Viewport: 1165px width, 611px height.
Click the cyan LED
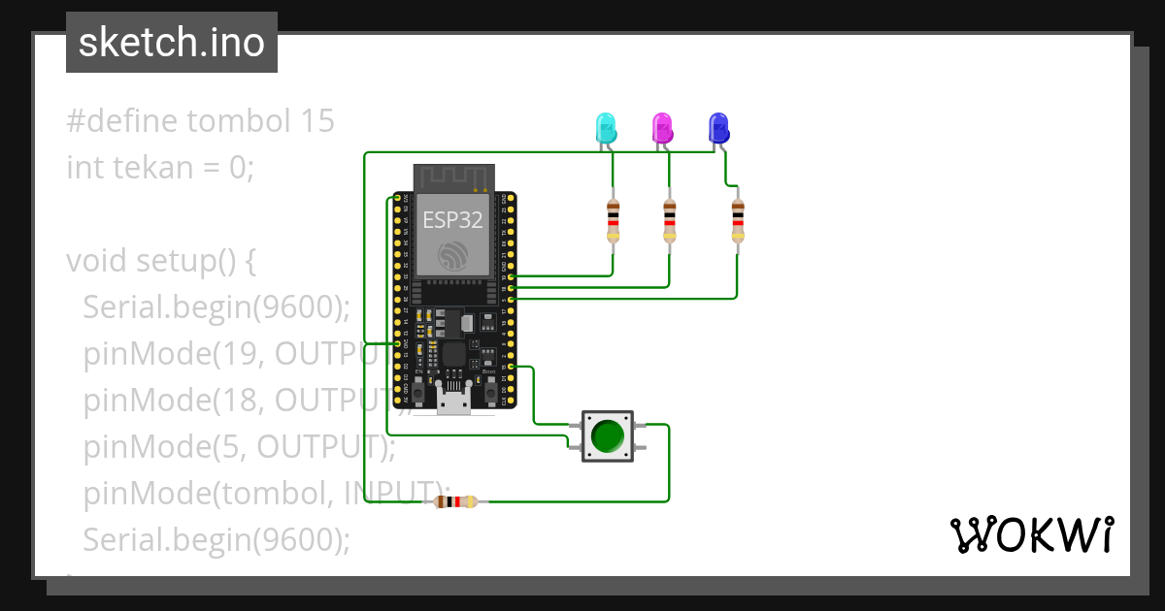605,128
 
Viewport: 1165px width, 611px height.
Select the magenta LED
662,128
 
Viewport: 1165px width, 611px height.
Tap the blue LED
718,128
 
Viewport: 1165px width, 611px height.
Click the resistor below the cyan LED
613,220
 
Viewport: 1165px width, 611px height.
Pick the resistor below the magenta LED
669,220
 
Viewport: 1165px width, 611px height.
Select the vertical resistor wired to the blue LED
738,220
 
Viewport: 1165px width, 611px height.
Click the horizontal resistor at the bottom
455,501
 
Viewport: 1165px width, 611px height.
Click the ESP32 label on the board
452,220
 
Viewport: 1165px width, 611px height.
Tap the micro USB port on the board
453,399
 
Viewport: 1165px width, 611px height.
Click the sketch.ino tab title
172,43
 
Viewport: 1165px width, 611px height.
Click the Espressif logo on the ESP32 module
453,256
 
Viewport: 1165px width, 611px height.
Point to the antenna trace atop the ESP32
453,178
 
